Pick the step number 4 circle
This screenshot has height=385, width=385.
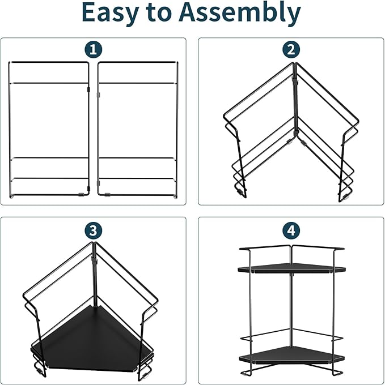tap(291, 230)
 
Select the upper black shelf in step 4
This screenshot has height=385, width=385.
tap(290, 268)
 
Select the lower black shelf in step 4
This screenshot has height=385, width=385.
tap(290, 356)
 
